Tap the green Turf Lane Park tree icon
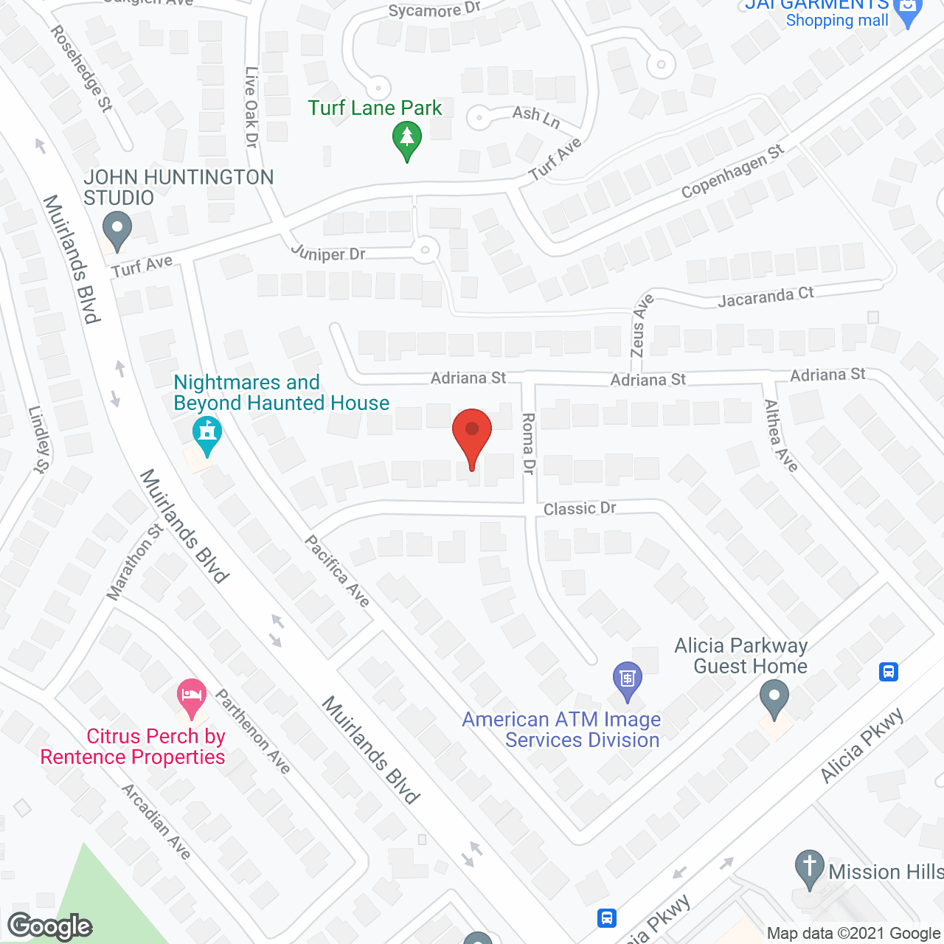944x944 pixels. pyautogui.click(x=406, y=139)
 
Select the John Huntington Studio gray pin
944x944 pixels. pyautogui.click(x=117, y=230)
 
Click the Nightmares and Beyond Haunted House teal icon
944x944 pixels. pyautogui.click(x=206, y=435)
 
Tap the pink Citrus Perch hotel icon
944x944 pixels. pyautogui.click(x=192, y=697)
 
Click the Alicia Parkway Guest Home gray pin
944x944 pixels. pyautogui.click(x=774, y=698)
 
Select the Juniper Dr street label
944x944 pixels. pyautogui.click(x=328, y=253)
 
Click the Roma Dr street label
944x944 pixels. pyautogui.click(x=528, y=443)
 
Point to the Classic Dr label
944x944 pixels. pyautogui.click(x=580, y=509)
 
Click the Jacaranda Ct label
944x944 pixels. pyautogui.click(x=766, y=297)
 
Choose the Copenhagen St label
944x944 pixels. pyautogui.click(x=732, y=172)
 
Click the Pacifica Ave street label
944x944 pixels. pyautogui.click(x=337, y=571)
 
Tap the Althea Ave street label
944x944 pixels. pyautogui.click(x=781, y=436)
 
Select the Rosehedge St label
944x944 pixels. pyautogui.click(x=82, y=69)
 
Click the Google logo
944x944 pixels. pyautogui.click(x=49, y=926)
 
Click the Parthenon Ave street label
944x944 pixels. pyautogui.click(x=252, y=731)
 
